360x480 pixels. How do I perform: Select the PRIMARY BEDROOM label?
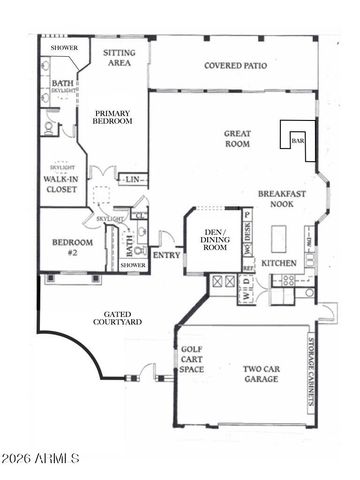click(114, 117)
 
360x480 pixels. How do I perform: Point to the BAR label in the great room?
click(296, 141)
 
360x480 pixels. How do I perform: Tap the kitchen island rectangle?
click(280, 239)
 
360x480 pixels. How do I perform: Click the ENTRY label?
click(165, 255)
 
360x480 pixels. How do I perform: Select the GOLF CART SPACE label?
click(192, 361)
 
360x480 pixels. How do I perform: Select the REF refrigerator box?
click(247, 269)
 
